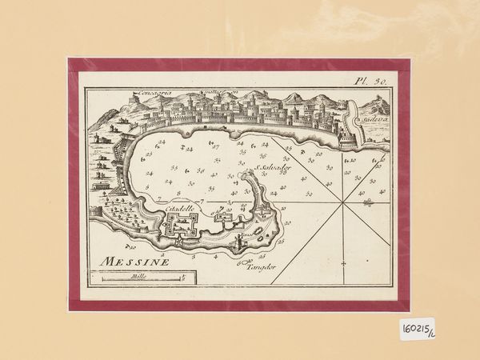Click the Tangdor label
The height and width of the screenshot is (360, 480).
click(x=258, y=268)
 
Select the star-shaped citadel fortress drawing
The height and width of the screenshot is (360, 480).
click(x=182, y=228)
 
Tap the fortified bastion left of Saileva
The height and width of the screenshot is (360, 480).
click(x=350, y=128)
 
